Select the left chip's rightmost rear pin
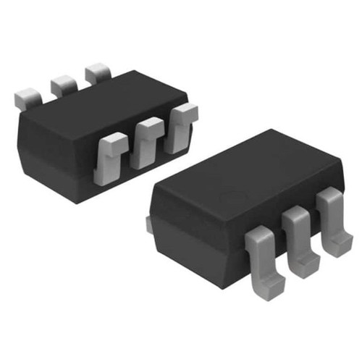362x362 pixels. coord(96,74)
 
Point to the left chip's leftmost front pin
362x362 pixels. coord(111,153)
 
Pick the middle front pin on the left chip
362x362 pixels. coord(149,136)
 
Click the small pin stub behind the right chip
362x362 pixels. coord(148,224)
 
